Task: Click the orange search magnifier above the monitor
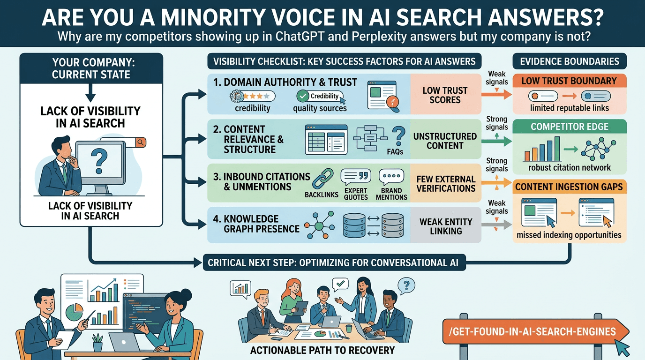(141, 142)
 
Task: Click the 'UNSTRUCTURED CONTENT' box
(445, 140)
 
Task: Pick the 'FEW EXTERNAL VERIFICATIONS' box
(446, 183)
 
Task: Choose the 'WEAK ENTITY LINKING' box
(446, 225)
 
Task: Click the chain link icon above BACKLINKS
(322, 179)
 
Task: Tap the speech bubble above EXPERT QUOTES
(356, 177)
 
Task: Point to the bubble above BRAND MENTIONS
(391, 177)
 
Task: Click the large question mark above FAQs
(399, 137)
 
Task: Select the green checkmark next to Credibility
(303, 96)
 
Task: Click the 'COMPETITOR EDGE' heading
(570, 127)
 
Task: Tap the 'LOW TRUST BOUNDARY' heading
(570, 81)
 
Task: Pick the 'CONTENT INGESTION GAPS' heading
(570, 187)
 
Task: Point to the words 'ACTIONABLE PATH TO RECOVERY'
(322, 350)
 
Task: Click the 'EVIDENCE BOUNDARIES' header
(570, 61)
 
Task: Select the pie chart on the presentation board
(74, 312)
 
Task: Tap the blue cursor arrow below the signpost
(622, 348)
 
